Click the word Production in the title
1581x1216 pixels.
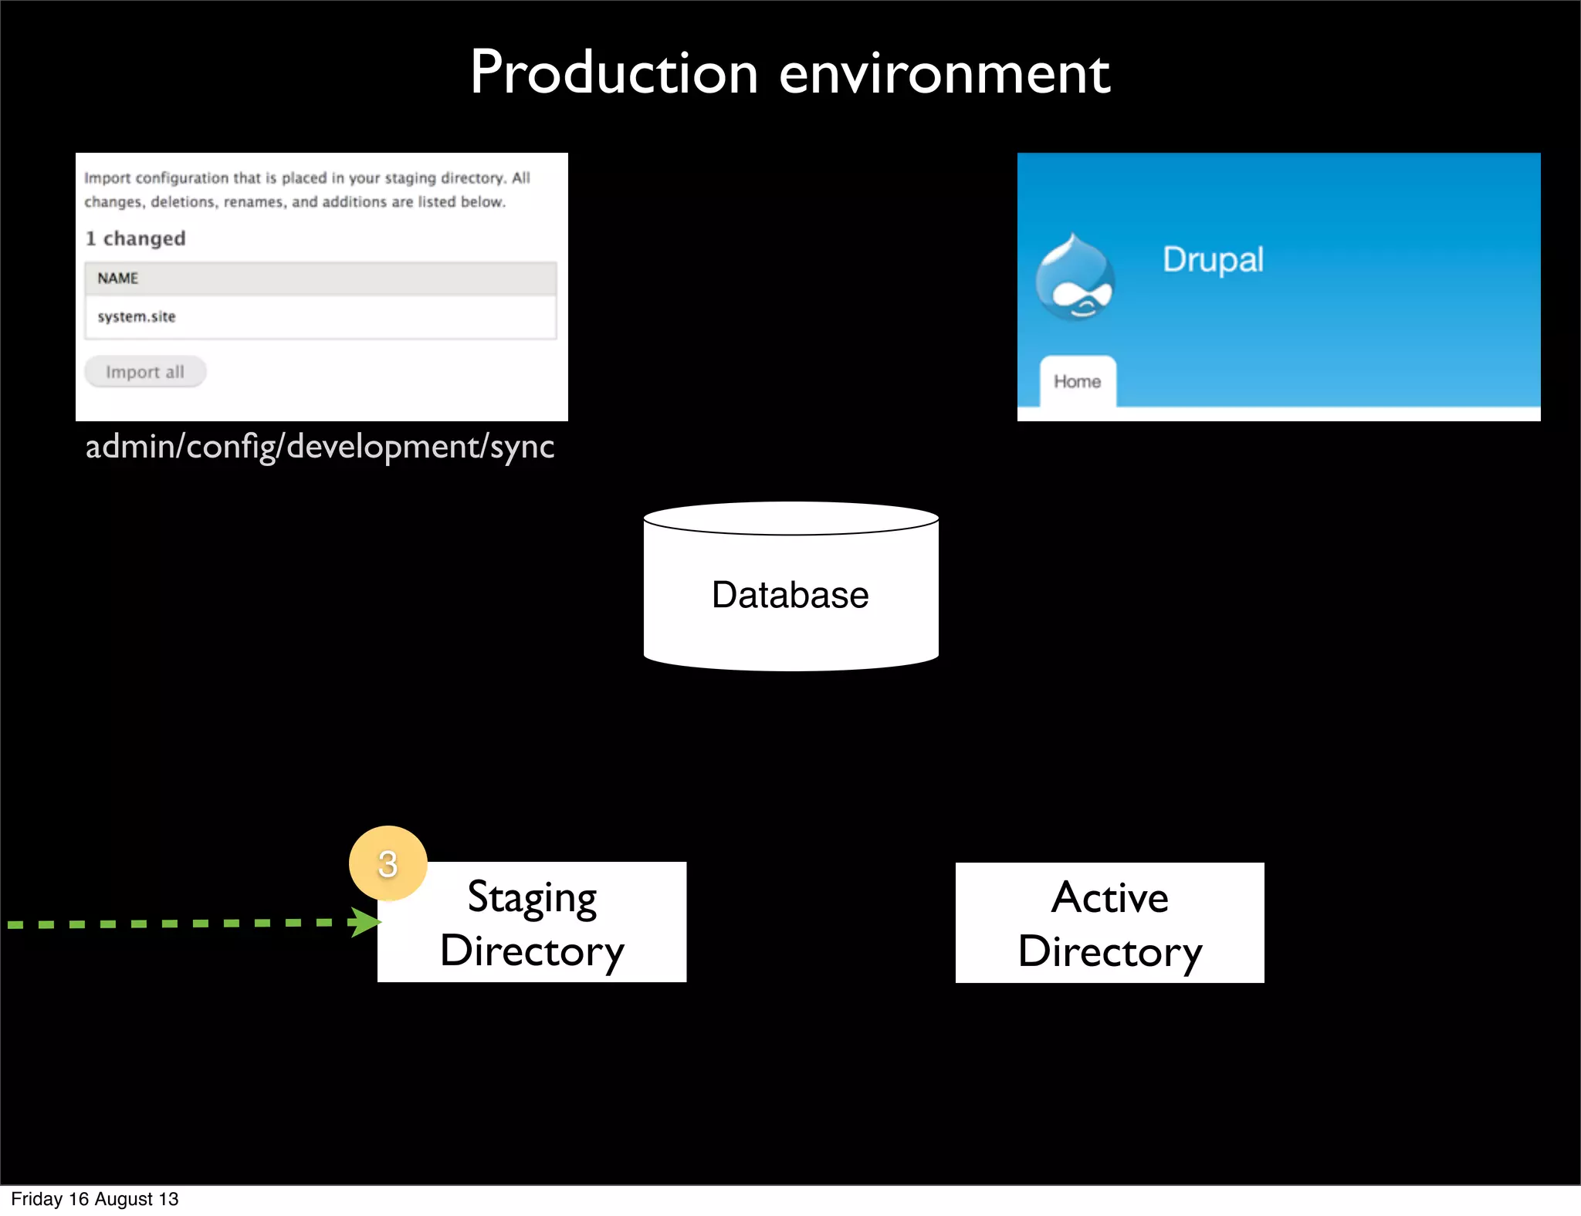click(614, 73)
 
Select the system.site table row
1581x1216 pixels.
click(320, 317)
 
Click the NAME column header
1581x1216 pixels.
click(117, 279)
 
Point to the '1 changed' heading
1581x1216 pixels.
click(136, 238)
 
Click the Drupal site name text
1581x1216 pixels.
click(1213, 260)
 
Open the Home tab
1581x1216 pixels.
click(1078, 381)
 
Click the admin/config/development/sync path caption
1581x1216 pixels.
click(320, 447)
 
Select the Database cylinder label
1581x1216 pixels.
click(790, 595)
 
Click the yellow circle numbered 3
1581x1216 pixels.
click(388, 863)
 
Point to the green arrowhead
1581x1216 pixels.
click(365, 922)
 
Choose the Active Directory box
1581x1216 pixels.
click(1109, 923)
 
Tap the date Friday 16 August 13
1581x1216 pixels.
click(95, 1199)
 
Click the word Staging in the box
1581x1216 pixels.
click(533, 897)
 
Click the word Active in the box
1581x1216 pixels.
click(1109, 897)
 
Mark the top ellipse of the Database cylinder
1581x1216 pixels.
click(790, 518)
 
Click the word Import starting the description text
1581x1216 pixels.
click(107, 178)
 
